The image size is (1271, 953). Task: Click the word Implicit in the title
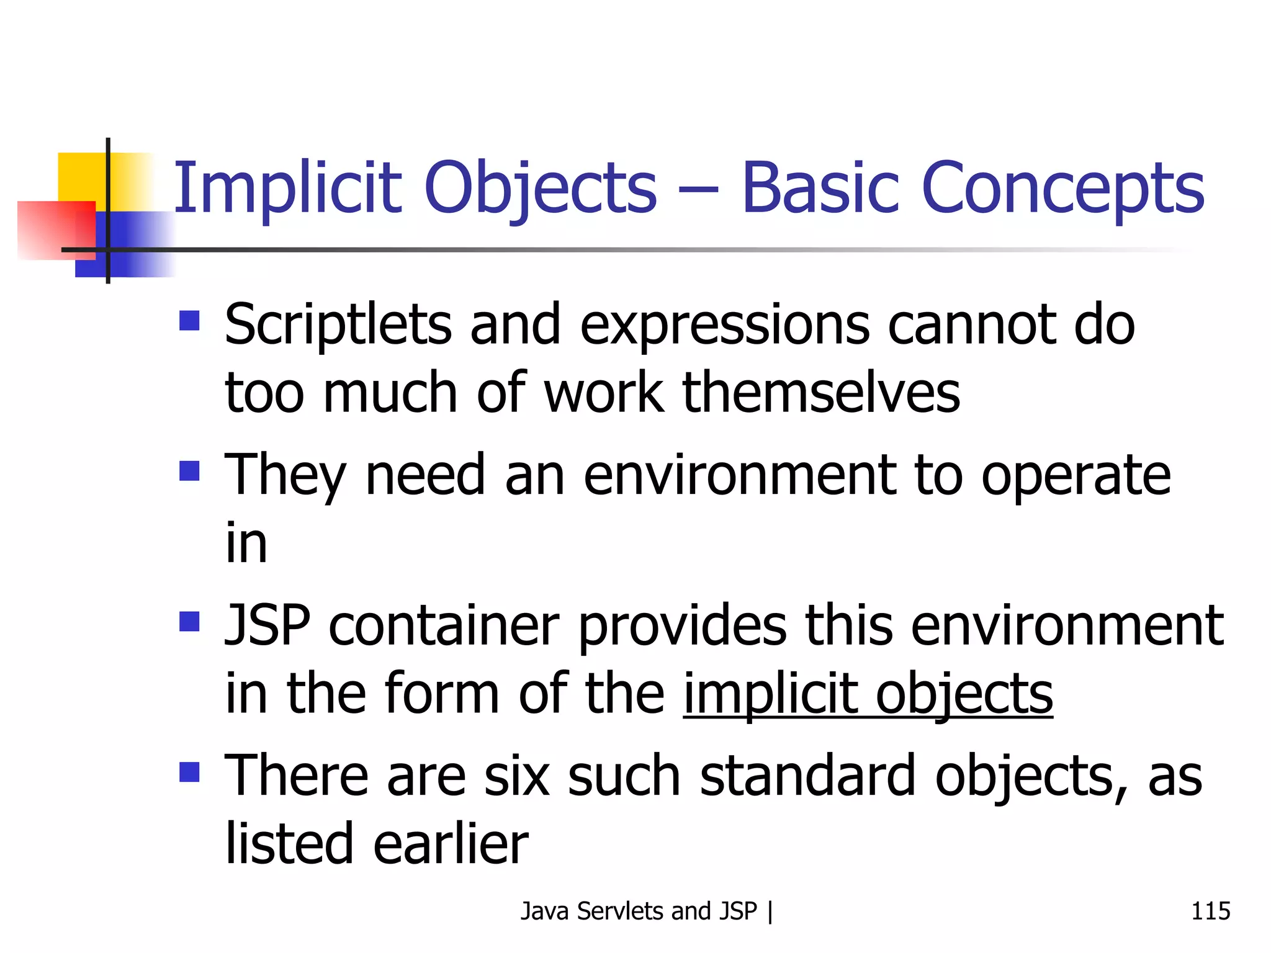[287, 188]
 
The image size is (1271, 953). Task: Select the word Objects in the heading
[540, 188]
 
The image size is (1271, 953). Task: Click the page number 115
[1210, 911]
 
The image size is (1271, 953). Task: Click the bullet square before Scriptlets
[189, 321]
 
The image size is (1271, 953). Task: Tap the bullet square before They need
[189, 471]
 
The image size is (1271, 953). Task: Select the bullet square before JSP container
[189, 621]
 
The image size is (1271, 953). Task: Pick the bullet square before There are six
[189, 772]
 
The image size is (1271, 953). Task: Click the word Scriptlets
[338, 325]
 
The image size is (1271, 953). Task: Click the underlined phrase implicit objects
[868, 694]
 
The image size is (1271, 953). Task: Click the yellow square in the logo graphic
[81, 176]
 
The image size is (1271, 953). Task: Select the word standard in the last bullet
[807, 776]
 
